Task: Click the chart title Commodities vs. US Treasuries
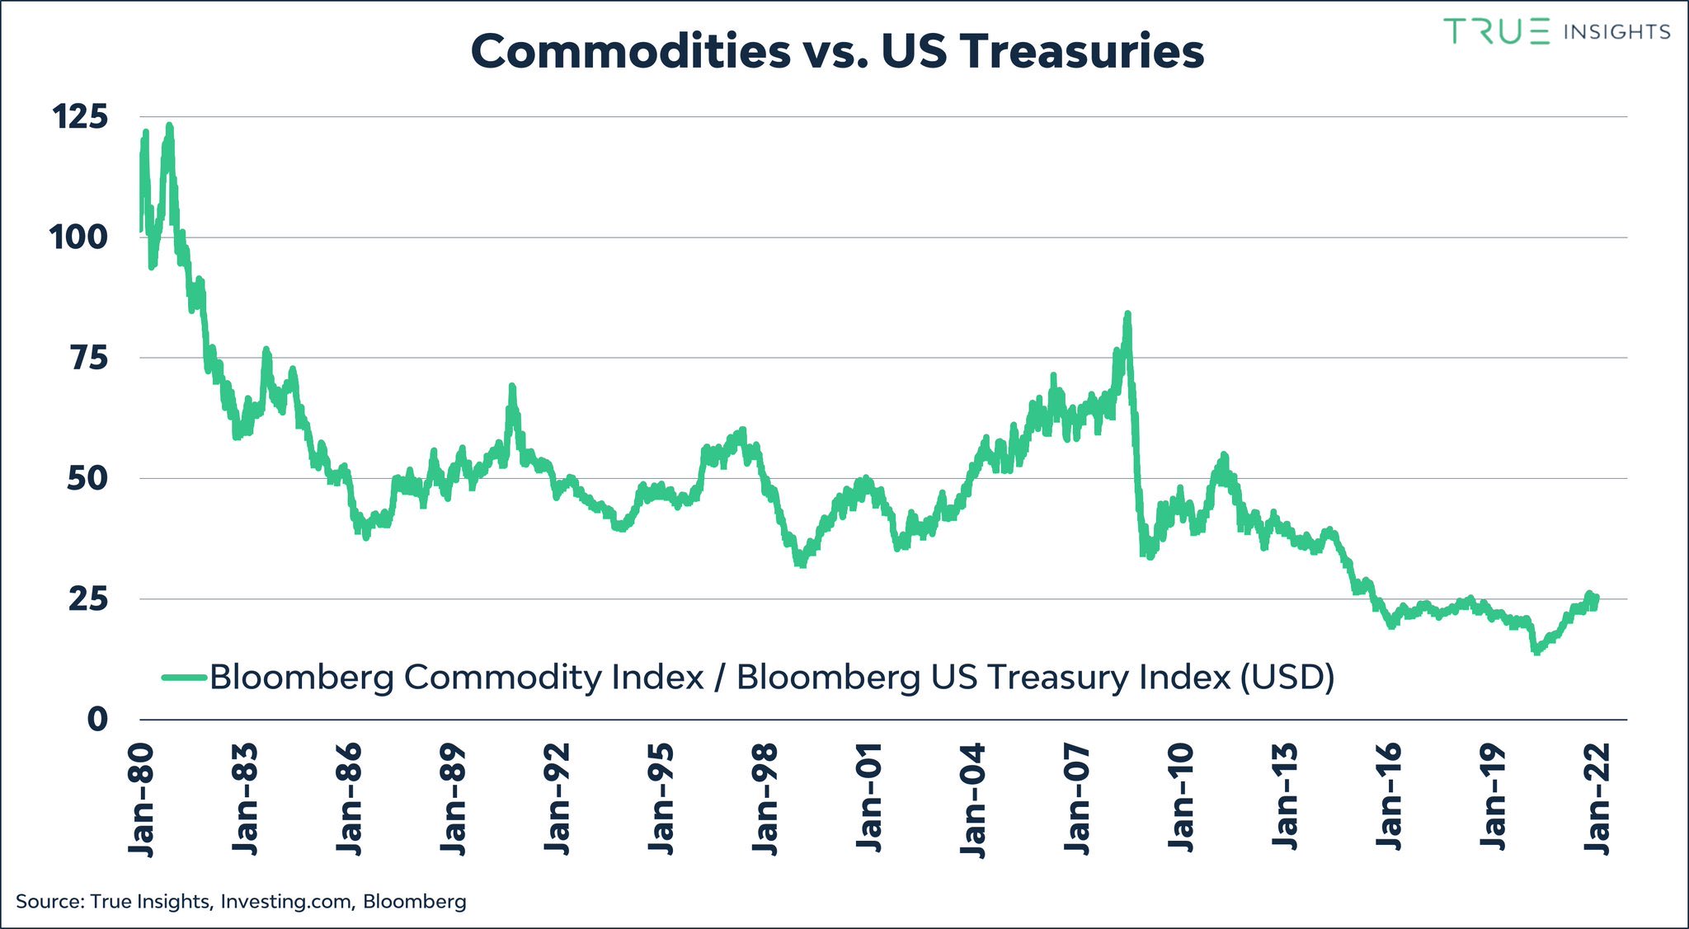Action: (837, 51)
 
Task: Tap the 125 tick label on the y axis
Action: (80, 117)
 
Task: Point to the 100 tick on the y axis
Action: (78, 237)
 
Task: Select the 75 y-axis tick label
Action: (88, 359)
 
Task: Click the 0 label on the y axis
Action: (97, 720)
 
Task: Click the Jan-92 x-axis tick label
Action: (558, 800)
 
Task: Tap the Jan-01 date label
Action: (869, 800)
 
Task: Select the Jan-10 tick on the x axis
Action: (1181, 800)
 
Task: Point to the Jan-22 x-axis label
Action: (1597, 800)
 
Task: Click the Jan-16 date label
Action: (1389, 800)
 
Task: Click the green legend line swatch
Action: (183, 678)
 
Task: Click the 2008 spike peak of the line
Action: (1127, 314)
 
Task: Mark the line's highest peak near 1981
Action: (169, 126)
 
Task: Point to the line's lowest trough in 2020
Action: (1536, 652)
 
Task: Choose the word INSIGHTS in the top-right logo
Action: (1616, 32)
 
